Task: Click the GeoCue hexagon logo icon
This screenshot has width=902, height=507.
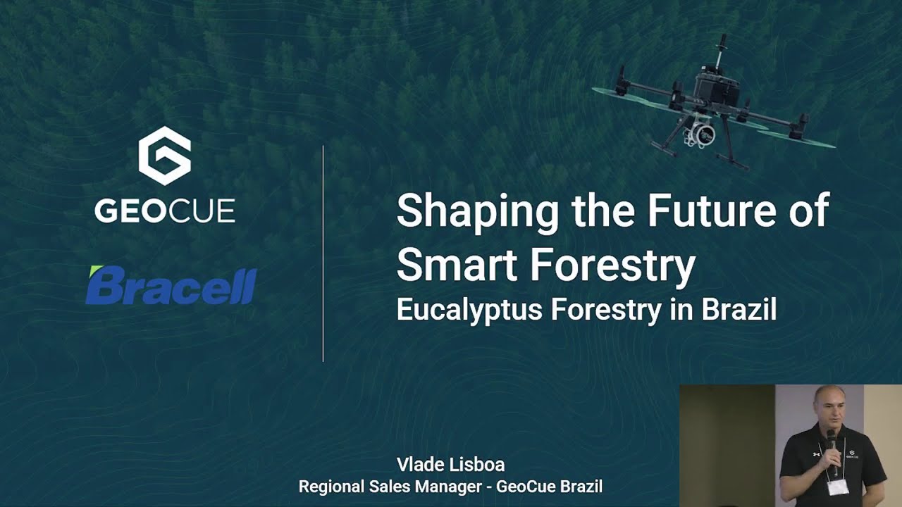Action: coord(164,156)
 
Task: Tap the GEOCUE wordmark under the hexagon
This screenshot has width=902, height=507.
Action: coord(165,211)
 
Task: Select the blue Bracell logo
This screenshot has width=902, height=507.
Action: coord(171,286)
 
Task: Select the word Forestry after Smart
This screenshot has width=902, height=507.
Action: coord(612,266)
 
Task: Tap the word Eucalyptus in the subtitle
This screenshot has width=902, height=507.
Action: coord(470,310)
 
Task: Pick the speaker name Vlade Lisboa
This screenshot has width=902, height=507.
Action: coord(450,464)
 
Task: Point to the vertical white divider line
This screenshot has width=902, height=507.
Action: coord(323,254)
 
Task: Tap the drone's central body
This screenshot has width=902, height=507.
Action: coord(715,88)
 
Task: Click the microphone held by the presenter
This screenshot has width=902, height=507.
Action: coord(832,441)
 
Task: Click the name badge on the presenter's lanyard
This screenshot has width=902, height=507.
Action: coord(838,487)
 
